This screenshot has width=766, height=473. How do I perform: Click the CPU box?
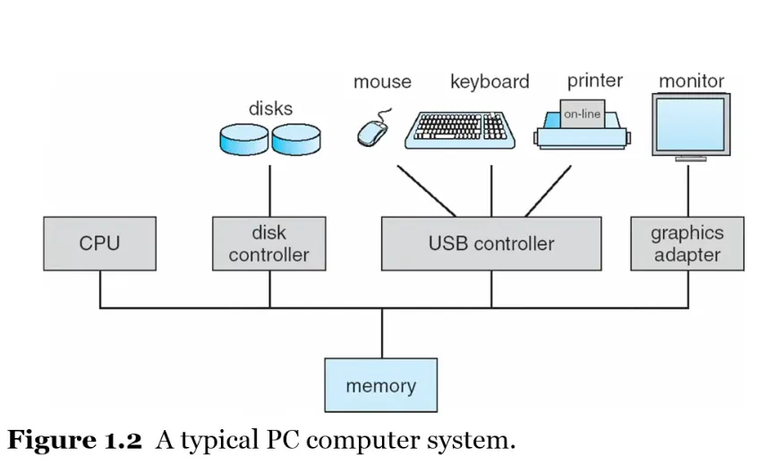click(99, 243)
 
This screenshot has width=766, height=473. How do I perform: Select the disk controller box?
click(268, 243)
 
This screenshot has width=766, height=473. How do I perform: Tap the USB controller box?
click(490, 243)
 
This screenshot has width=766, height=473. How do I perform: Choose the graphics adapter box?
click(686, 243)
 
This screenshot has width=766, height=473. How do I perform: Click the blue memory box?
click(380, 385)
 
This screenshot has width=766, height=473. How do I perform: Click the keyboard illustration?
click(459, 131)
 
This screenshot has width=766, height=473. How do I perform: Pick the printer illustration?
click(582, 131)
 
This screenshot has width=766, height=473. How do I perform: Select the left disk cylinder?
click(243, 138)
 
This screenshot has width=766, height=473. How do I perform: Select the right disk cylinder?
click(296, 138)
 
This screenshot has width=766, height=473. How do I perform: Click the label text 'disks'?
click(270, 108)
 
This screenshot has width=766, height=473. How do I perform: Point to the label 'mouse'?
click(382, 82)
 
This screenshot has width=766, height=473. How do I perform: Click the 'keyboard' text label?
click(489, 82)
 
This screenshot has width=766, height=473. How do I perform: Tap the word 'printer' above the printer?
click(594, 81)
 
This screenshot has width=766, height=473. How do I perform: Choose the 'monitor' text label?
click(691, 81)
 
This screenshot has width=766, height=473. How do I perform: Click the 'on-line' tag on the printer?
click(582, 114)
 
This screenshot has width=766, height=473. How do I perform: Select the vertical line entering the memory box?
click(381, 333)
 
